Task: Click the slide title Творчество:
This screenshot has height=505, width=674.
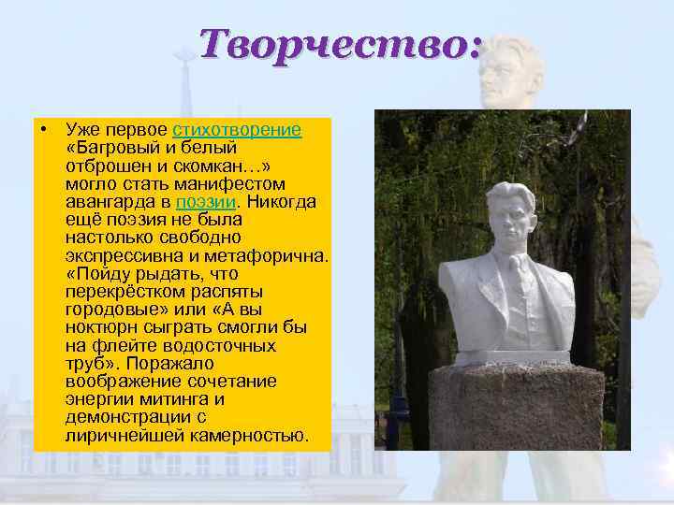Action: (341, 43)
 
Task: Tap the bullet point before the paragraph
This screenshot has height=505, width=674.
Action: (44, 129)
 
